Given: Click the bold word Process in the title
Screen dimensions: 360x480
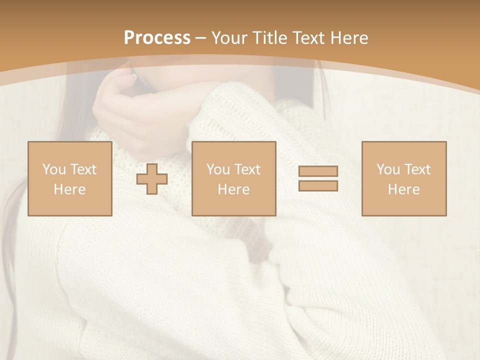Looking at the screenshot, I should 157,38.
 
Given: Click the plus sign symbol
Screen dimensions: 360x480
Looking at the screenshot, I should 152,179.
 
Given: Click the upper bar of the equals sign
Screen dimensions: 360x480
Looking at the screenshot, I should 318,171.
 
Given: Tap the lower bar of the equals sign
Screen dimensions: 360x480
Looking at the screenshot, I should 318,186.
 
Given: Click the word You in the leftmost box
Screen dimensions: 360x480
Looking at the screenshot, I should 54,169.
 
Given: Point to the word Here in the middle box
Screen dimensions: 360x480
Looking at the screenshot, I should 233,189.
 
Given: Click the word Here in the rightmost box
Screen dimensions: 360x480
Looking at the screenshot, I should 403,189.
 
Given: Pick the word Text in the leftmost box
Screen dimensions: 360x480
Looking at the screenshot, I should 83,169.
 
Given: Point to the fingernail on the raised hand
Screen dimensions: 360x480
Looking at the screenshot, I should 133,77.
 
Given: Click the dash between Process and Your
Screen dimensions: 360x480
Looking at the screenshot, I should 200,38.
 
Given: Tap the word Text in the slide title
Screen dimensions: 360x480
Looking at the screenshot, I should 305,38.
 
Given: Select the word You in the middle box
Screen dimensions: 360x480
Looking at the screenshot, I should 218,169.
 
